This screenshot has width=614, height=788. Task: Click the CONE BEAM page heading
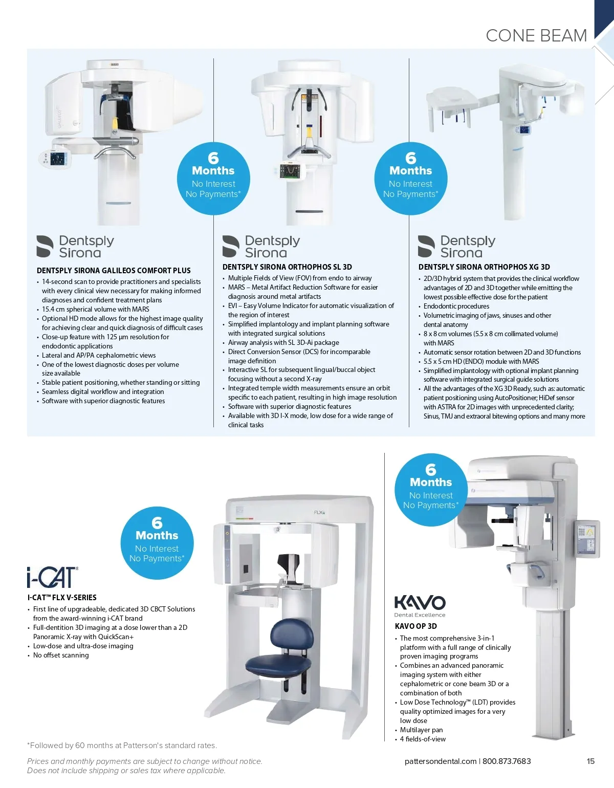point(536,35)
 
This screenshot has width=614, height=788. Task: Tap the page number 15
point(590,761)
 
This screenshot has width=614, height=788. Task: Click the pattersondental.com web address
point(441,761)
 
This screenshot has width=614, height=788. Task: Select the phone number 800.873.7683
point(507,761)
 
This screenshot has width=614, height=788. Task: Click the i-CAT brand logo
point(52,577)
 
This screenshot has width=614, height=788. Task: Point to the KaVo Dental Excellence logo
point(420,606)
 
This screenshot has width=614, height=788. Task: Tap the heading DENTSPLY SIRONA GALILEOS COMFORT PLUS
point(114,271)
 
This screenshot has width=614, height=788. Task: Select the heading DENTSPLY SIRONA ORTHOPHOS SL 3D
point(287,267)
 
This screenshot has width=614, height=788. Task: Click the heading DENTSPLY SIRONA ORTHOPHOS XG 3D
point(484,267)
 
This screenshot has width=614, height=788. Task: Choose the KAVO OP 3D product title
point(415,626)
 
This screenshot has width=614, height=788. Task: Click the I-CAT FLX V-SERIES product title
point(62,598)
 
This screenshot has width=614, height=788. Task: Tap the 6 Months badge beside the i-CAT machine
point(157,543)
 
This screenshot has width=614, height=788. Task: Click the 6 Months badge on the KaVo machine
point(431,490)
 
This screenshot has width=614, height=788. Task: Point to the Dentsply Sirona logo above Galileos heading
point(75,246)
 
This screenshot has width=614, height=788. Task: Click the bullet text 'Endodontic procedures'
point(456,307)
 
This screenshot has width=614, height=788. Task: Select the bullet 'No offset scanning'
point(61,655)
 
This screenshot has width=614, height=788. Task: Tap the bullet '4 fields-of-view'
point(423,739)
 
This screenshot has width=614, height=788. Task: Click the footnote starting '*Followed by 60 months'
point(122,746)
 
